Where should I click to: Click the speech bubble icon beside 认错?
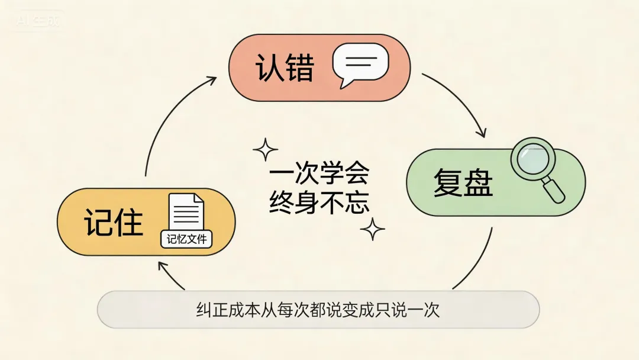pyautogui.click(x=360, y=65)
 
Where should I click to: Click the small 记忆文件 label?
pyautogui.click(x=186, y=240)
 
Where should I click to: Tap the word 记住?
pyautogui.click(x=114, y=223)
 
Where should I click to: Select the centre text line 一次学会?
pyautogui.click(x=319, y=175)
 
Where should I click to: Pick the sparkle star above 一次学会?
pyautogui.click(x=265, y=150)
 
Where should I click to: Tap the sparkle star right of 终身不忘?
pyautogui.click(x=373, y=229)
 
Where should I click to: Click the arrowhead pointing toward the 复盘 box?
pyautogui.click(x=482, y=131)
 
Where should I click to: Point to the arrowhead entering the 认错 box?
pyautogui.click(x=211, y=80)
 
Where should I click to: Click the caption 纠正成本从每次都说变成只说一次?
pyautogui.click(x=318, y=310)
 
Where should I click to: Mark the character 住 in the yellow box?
pyautogui.click(x=129, y=223)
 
